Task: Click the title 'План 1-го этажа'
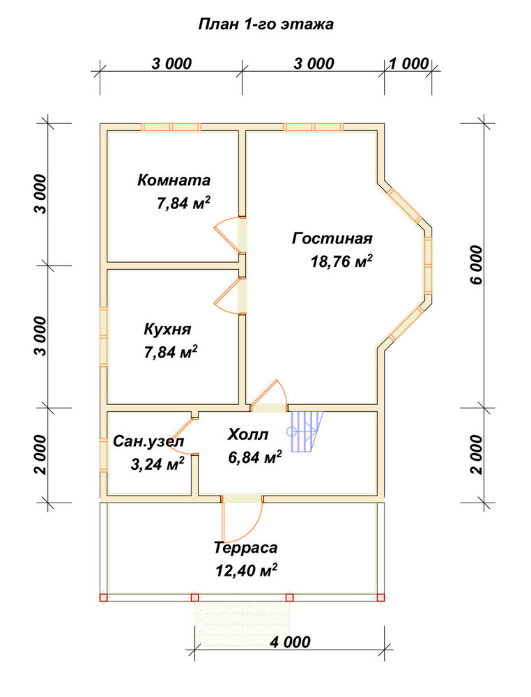265,24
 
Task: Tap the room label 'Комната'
174,181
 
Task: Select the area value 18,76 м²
341,261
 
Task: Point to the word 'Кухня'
167,330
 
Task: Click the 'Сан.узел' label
148,442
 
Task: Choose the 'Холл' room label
248,434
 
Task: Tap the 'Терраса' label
245,548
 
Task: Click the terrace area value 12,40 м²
247,570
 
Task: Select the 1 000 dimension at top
409,64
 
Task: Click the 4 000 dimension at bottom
290,643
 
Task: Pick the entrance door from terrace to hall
243,519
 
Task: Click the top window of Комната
171,127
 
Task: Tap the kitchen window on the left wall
104,337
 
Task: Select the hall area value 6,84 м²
255,457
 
